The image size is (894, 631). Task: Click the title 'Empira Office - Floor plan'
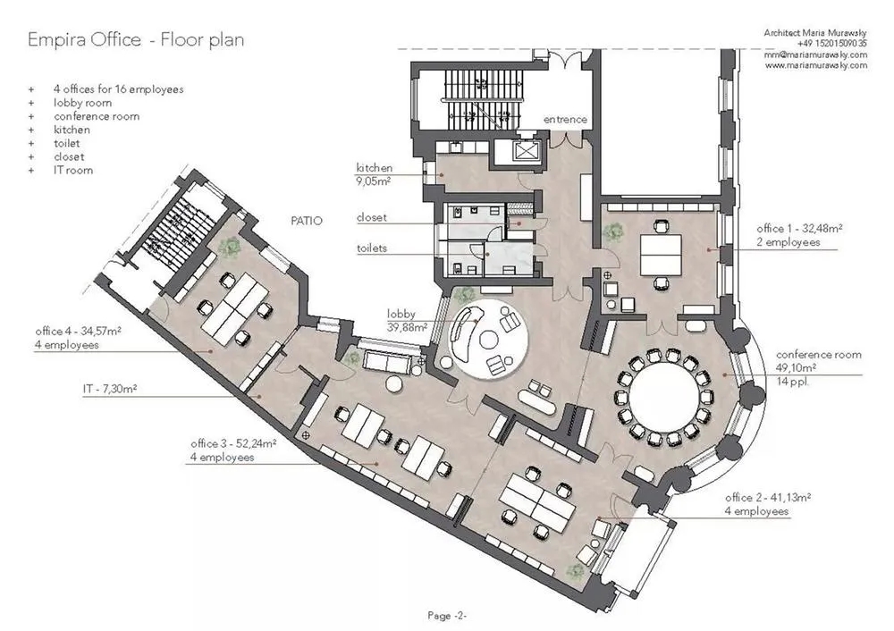[x=136, y=40]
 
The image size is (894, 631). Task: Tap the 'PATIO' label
[x=307, y=221]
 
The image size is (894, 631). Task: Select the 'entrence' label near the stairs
[x=565, y=119]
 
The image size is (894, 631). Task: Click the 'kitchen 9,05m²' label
[x=374, y=174]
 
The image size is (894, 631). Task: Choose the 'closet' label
[x=372, y=217]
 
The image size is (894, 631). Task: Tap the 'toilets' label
[x=372, y=248]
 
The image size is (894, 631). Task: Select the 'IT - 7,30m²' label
[x=110, y=389]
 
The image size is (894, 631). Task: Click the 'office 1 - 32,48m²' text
[x=799, y=229]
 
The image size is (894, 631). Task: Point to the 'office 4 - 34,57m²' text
[x=78, y=332]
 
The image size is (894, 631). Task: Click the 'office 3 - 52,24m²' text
[x=233, y=443]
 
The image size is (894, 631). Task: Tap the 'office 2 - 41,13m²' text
[x=768, y=497]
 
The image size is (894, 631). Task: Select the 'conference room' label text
[x=819, y=355]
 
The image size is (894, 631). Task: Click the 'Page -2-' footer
[x=447, y=615]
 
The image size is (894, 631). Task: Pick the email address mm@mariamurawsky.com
[x=816, y=55]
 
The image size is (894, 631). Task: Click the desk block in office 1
[x=661, y=255]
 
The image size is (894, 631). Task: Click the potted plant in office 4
[x=232, y=245]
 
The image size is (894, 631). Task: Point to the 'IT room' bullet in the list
[x=73, y=170]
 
